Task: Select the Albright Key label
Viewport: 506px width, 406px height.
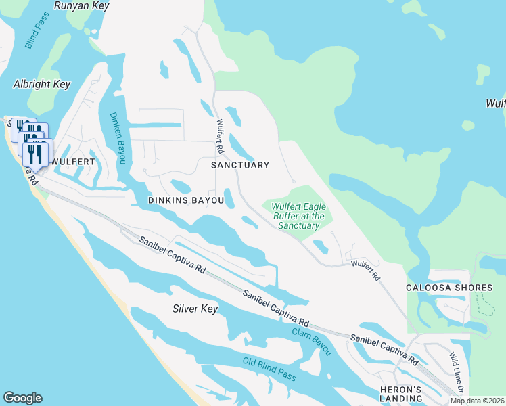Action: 42,85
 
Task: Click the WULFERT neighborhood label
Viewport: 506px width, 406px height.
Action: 71,162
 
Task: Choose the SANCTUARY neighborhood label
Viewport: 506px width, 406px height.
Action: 240,165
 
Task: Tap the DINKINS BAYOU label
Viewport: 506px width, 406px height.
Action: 186,201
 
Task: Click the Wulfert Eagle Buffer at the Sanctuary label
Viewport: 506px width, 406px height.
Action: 295,216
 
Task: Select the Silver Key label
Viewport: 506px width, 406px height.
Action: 195,309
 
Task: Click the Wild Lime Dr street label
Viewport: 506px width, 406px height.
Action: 457,372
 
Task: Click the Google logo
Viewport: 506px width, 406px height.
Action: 22,398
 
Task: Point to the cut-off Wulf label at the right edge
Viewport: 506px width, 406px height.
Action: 496,104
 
